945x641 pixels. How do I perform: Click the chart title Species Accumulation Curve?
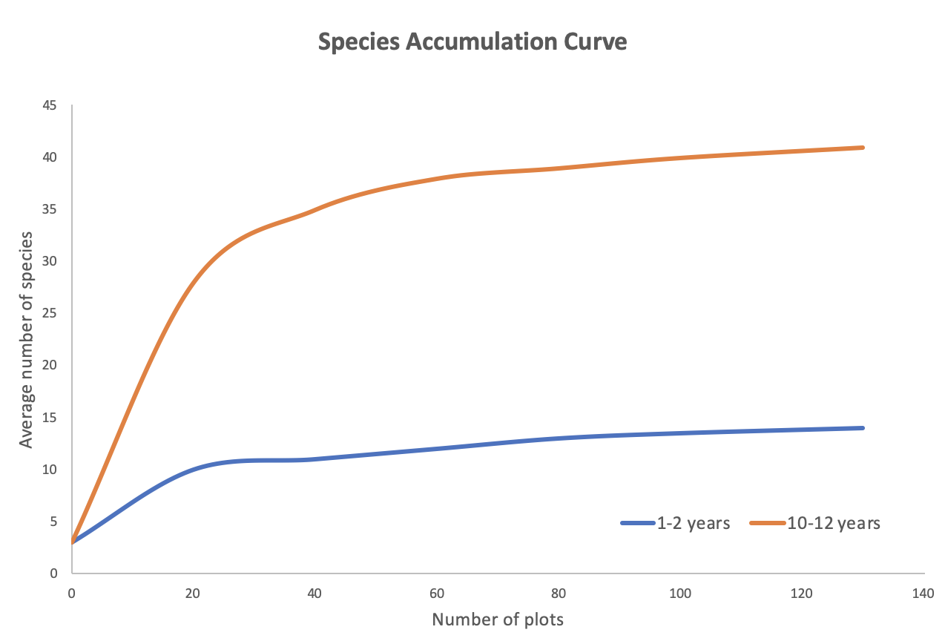472,42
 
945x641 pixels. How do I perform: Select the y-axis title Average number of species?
27,339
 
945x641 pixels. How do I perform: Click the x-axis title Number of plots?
498,619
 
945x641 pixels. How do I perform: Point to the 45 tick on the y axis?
50,105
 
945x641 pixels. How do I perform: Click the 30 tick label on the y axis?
50,261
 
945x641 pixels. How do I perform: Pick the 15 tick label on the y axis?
50,417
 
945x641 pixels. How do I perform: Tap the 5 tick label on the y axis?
53,521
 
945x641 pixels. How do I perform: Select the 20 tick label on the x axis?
193,593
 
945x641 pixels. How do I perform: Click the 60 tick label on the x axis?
437,593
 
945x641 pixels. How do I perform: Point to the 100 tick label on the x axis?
680,593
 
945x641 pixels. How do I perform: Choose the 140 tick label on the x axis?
923,593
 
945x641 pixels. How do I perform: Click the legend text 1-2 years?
693,523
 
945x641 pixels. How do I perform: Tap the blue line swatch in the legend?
637,523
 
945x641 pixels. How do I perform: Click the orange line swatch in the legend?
767,523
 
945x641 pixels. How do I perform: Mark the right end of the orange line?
863,148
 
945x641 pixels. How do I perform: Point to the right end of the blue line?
863,428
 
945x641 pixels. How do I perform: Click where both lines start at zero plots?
72,542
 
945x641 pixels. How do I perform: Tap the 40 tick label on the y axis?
50,157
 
